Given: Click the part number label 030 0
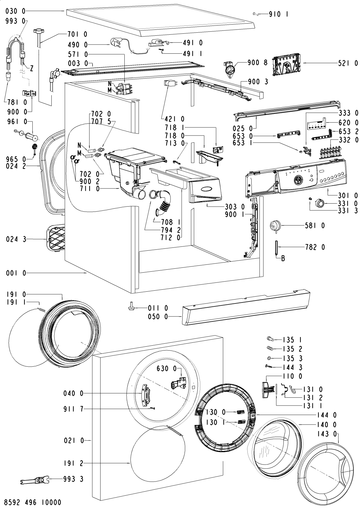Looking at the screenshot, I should click(15, 11).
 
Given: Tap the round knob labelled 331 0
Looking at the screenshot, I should click(319, 203).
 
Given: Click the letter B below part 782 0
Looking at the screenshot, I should click(283, 259).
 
